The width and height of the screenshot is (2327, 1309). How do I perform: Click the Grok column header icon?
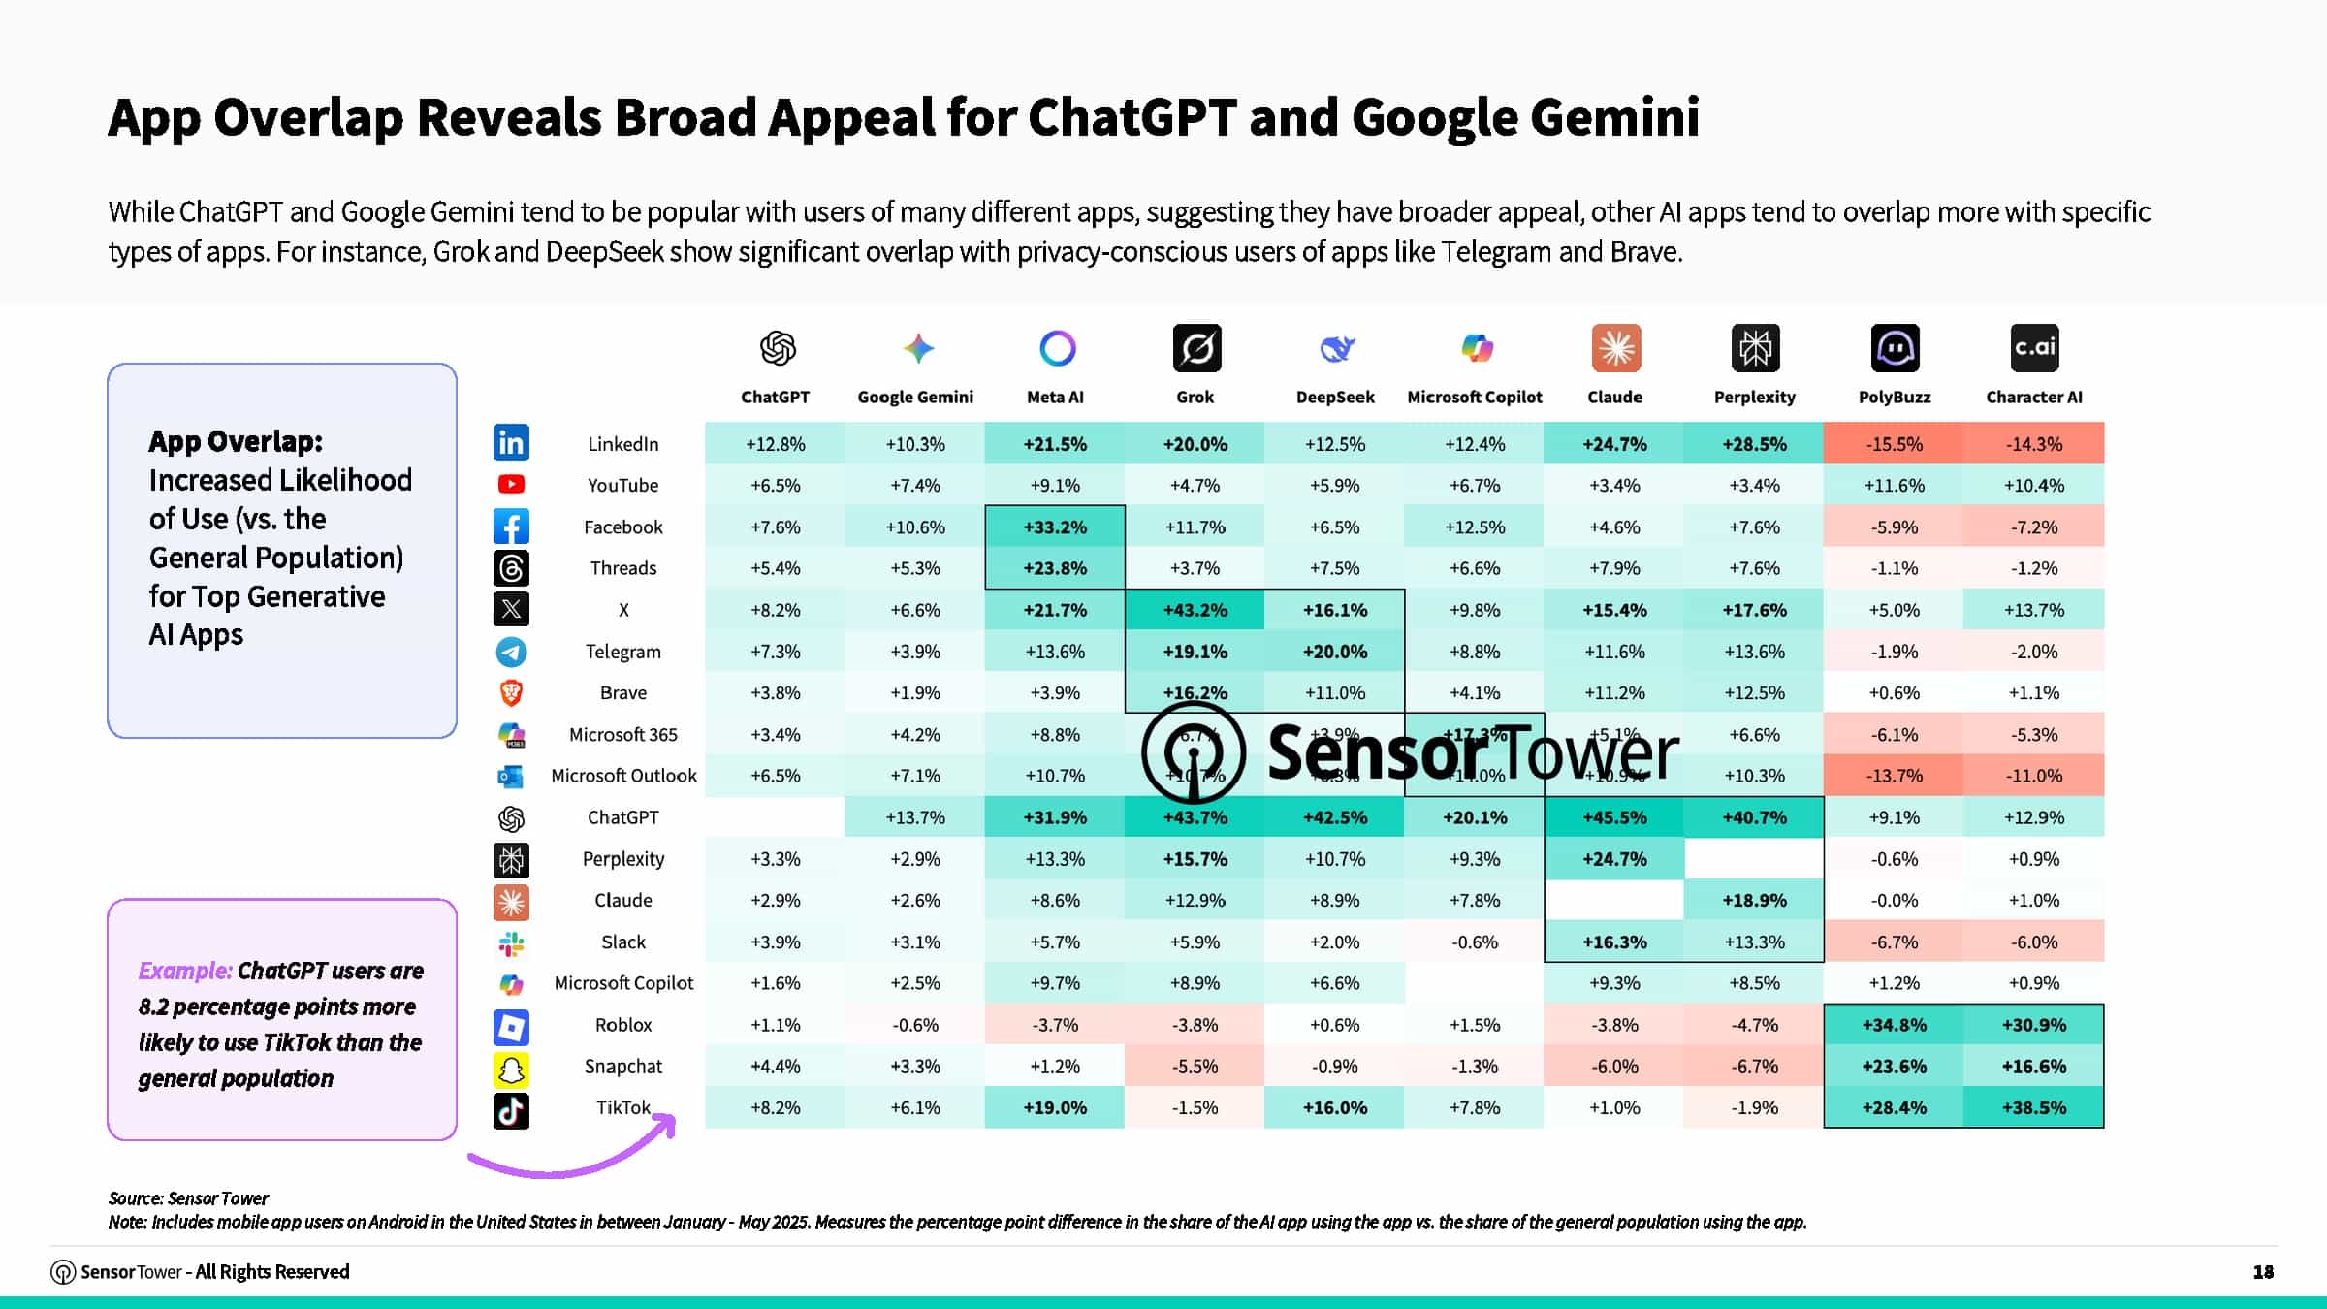tap(1196, 348)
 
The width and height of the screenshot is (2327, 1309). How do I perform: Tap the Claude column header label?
tap(1614, 398)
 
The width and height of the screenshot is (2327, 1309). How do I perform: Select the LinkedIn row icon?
tap(511, 443)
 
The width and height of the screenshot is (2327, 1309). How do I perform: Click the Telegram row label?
tap(622, 652)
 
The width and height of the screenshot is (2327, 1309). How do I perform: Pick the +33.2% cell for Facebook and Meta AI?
tap(1055, 527)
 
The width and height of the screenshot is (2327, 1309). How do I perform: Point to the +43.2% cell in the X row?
tap(1195, 610)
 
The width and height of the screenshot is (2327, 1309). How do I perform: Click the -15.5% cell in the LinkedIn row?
tap(1894, 444)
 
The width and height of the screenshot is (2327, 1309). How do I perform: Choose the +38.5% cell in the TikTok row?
tap(2033, 1107)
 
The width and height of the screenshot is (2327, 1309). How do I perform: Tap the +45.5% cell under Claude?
tap(1614, 817)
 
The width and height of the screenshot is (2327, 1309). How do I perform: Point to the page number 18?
tap(2263, 1272)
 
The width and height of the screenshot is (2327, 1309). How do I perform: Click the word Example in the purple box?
tap(184, 971)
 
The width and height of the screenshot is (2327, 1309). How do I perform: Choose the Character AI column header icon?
tap(2033, 348)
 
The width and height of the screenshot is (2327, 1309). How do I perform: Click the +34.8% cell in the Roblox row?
tap(1894, 1025)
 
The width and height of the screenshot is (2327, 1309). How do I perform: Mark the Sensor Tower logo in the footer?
tap(63, 1272)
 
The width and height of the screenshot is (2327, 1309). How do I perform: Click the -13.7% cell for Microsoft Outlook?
tap(1894, 776)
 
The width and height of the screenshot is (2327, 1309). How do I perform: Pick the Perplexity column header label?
tap(1754, 398)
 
